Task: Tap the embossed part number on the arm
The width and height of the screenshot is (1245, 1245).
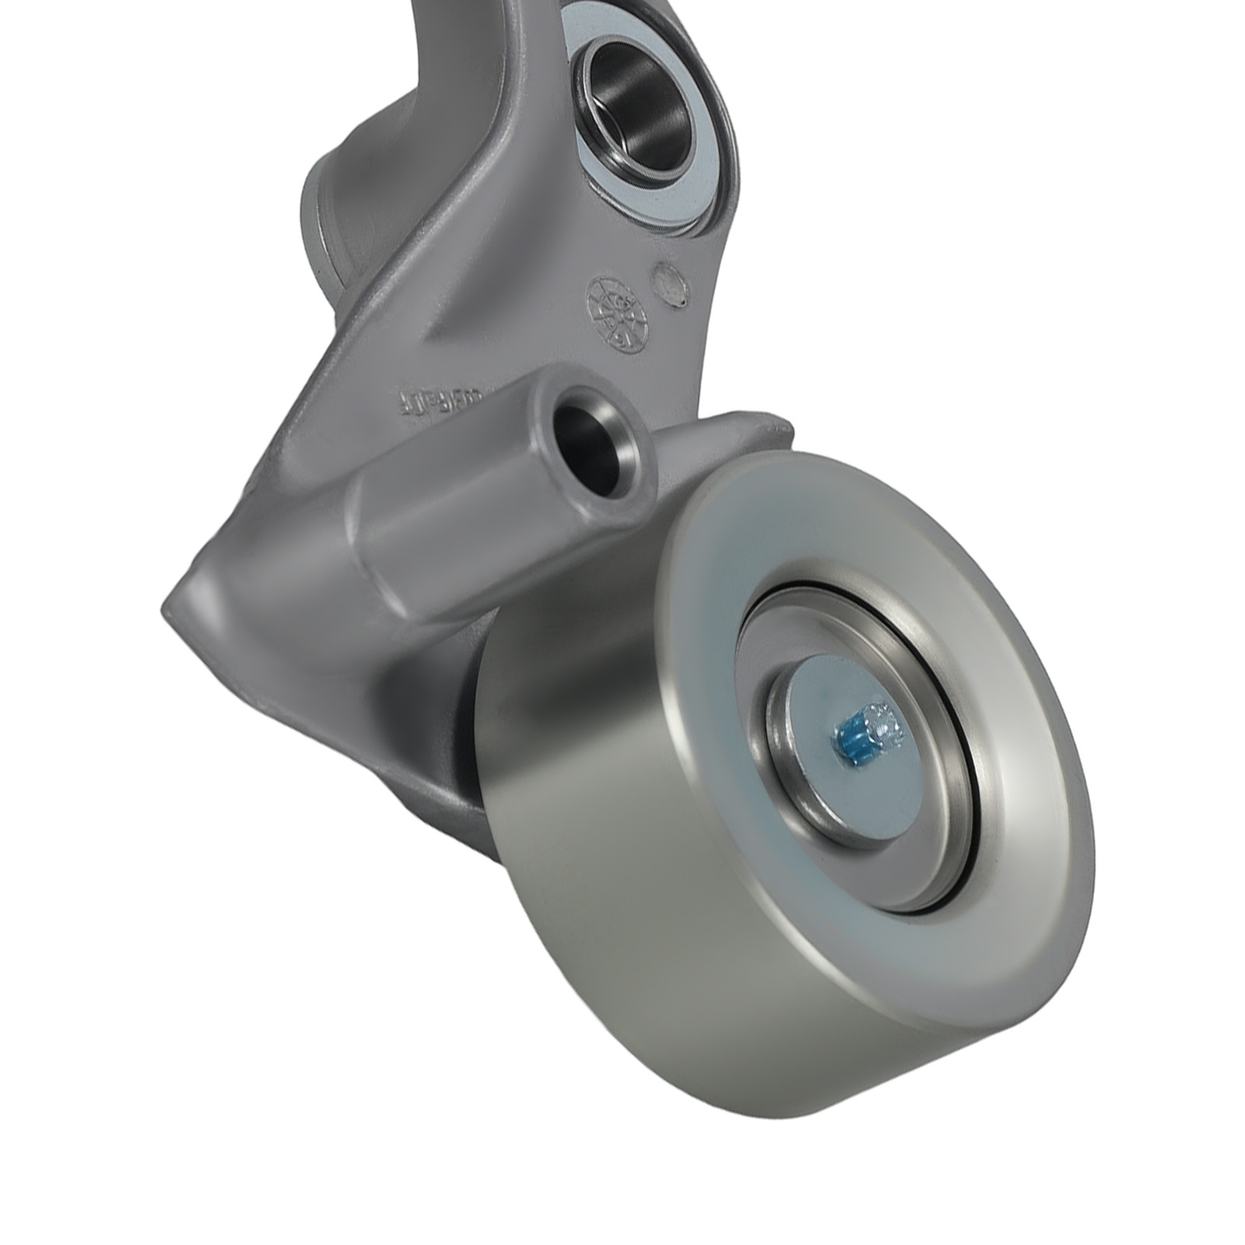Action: tap(440, 400)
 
